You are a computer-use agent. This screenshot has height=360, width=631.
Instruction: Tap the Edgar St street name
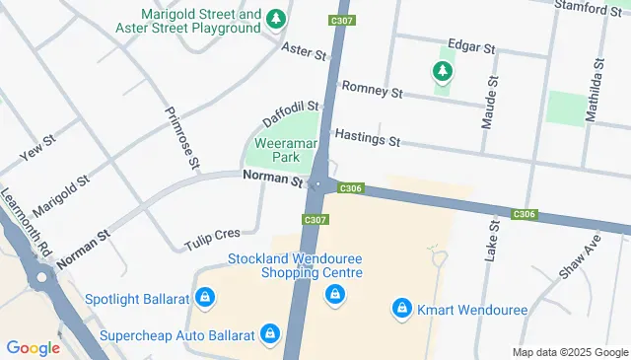[x=468, y=45]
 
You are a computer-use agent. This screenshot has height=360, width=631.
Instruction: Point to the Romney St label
[x=372, y=92]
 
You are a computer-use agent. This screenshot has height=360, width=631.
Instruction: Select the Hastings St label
[x=367, y=137]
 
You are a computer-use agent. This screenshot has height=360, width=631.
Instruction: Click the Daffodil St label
[x=291, y=113]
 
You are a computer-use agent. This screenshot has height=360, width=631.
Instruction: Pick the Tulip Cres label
[x=212, y=238]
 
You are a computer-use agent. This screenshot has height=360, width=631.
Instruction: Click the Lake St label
[x=493, y=240]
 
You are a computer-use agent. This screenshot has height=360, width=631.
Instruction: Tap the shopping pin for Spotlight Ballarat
[x=204, y=296]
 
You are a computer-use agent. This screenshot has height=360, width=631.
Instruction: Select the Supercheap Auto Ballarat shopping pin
[x=268, y=335]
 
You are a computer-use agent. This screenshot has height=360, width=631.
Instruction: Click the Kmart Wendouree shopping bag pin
[x=401, y=309]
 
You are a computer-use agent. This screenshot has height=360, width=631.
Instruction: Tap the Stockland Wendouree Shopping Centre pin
[x=335, y=294]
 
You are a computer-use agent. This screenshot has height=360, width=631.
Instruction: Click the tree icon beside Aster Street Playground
[x=278, y=20]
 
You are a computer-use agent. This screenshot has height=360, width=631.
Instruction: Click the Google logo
[x=33, y=347]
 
